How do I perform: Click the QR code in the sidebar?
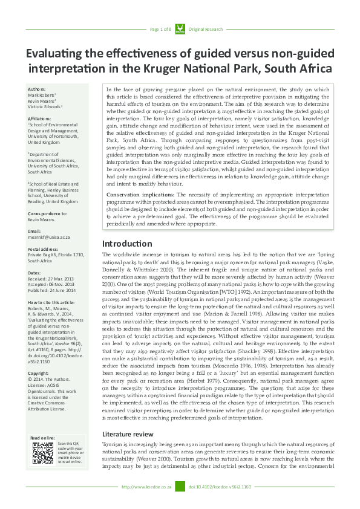tap(43, 453)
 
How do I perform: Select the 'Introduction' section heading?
tap(127, 261)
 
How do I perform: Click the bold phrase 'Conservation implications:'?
tap(141, 195)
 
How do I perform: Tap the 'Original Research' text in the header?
tap(206, 29)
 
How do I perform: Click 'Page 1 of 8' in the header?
tap(161, 29)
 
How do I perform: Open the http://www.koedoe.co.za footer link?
tap(148, 487)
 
